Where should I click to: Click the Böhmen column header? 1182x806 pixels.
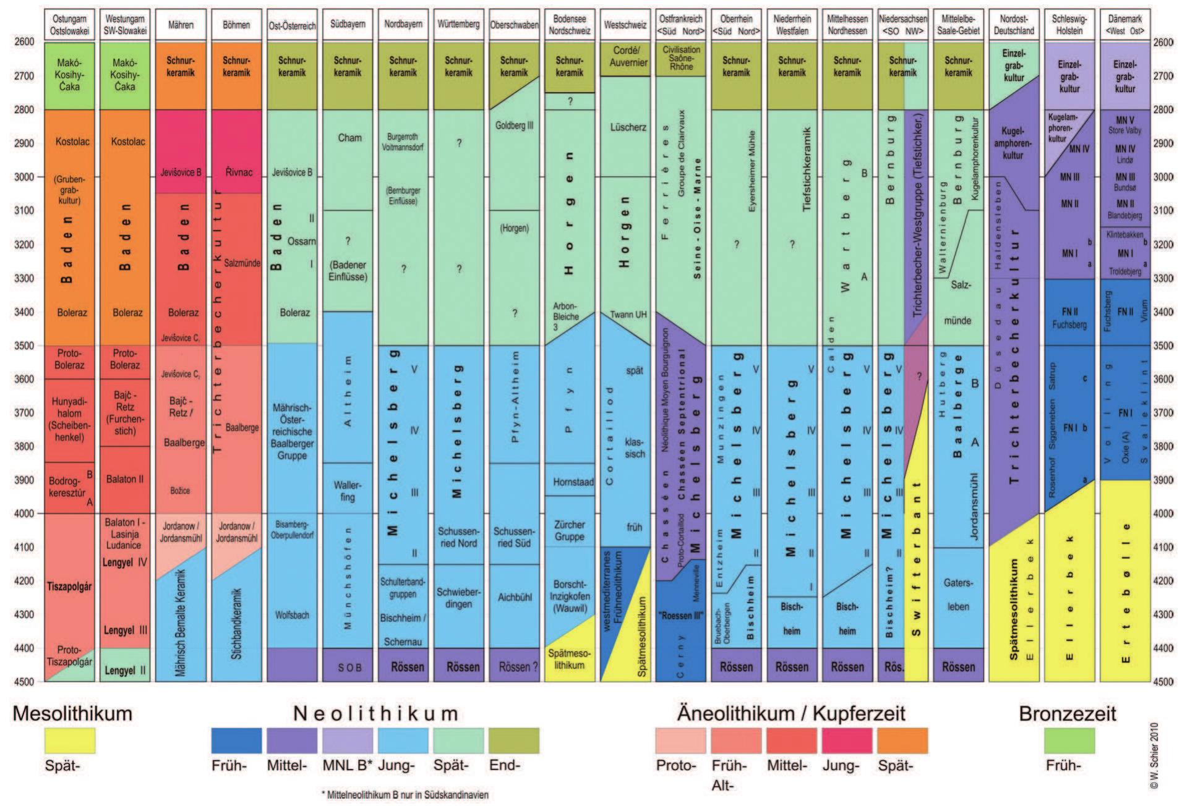[236, 25]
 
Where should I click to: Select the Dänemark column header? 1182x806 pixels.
[1124, 25]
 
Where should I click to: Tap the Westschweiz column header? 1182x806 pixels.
[625, 25]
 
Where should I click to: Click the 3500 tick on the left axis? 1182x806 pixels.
[24, 346]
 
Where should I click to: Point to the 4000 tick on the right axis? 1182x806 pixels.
[1163, 514]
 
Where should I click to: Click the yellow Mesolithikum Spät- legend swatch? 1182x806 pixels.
[70, 740]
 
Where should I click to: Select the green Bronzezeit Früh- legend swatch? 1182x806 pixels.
[1069, 740]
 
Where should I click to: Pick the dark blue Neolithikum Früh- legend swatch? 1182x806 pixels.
[236, 740]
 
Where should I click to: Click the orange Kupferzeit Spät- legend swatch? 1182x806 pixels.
[902, 740]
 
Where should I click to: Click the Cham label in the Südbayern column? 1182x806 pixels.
[349, 138]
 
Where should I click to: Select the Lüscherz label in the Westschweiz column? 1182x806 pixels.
[628, 127]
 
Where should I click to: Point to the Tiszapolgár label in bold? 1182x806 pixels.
[69, 586]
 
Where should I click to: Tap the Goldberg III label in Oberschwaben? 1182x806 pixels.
[514, 125]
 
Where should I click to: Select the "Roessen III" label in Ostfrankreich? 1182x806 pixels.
[682, 616]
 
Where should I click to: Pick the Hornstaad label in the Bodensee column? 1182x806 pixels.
[573, 482]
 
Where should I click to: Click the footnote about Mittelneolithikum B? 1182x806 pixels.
[405, 795]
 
